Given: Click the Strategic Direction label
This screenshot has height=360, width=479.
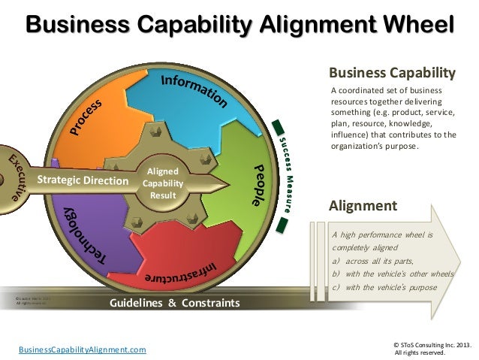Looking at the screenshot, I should [x=83, y=180].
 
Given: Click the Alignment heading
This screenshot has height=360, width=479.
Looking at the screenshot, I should [x=364, y=205].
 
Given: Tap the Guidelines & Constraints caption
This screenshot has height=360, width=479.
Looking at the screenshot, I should [x=175, y=304].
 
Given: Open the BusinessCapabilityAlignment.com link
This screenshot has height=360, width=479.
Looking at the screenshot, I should [x=83, y=349].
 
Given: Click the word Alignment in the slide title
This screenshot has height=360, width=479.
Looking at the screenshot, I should [x=303, y=25].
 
